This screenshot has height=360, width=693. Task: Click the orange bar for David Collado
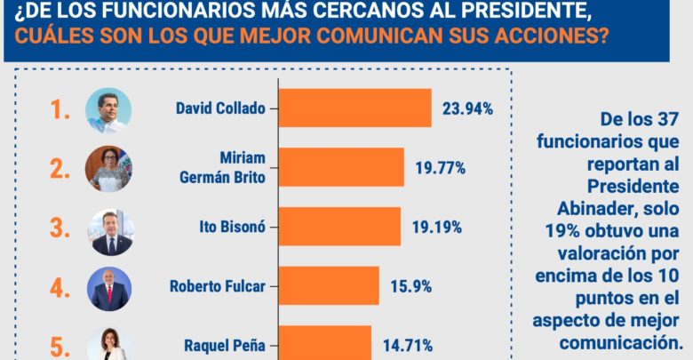pos(355,108)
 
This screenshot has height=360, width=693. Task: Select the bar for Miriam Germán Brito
pos(342,167)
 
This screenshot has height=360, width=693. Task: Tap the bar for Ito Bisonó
pos(340,227)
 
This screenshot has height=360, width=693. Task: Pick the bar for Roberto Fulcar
pos(330,286)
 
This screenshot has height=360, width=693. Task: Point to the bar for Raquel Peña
pos(325,343)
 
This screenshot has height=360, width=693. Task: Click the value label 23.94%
pos(467,108)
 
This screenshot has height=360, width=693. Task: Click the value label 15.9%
pos(410,286)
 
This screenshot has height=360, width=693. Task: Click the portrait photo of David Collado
pos(108,110)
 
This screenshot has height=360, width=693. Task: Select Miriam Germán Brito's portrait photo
pos(108,168)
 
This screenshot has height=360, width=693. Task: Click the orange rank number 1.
pos(60,110)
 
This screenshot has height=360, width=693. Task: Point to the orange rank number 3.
pos(60,228)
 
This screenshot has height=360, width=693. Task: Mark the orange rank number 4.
pos(60,287)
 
